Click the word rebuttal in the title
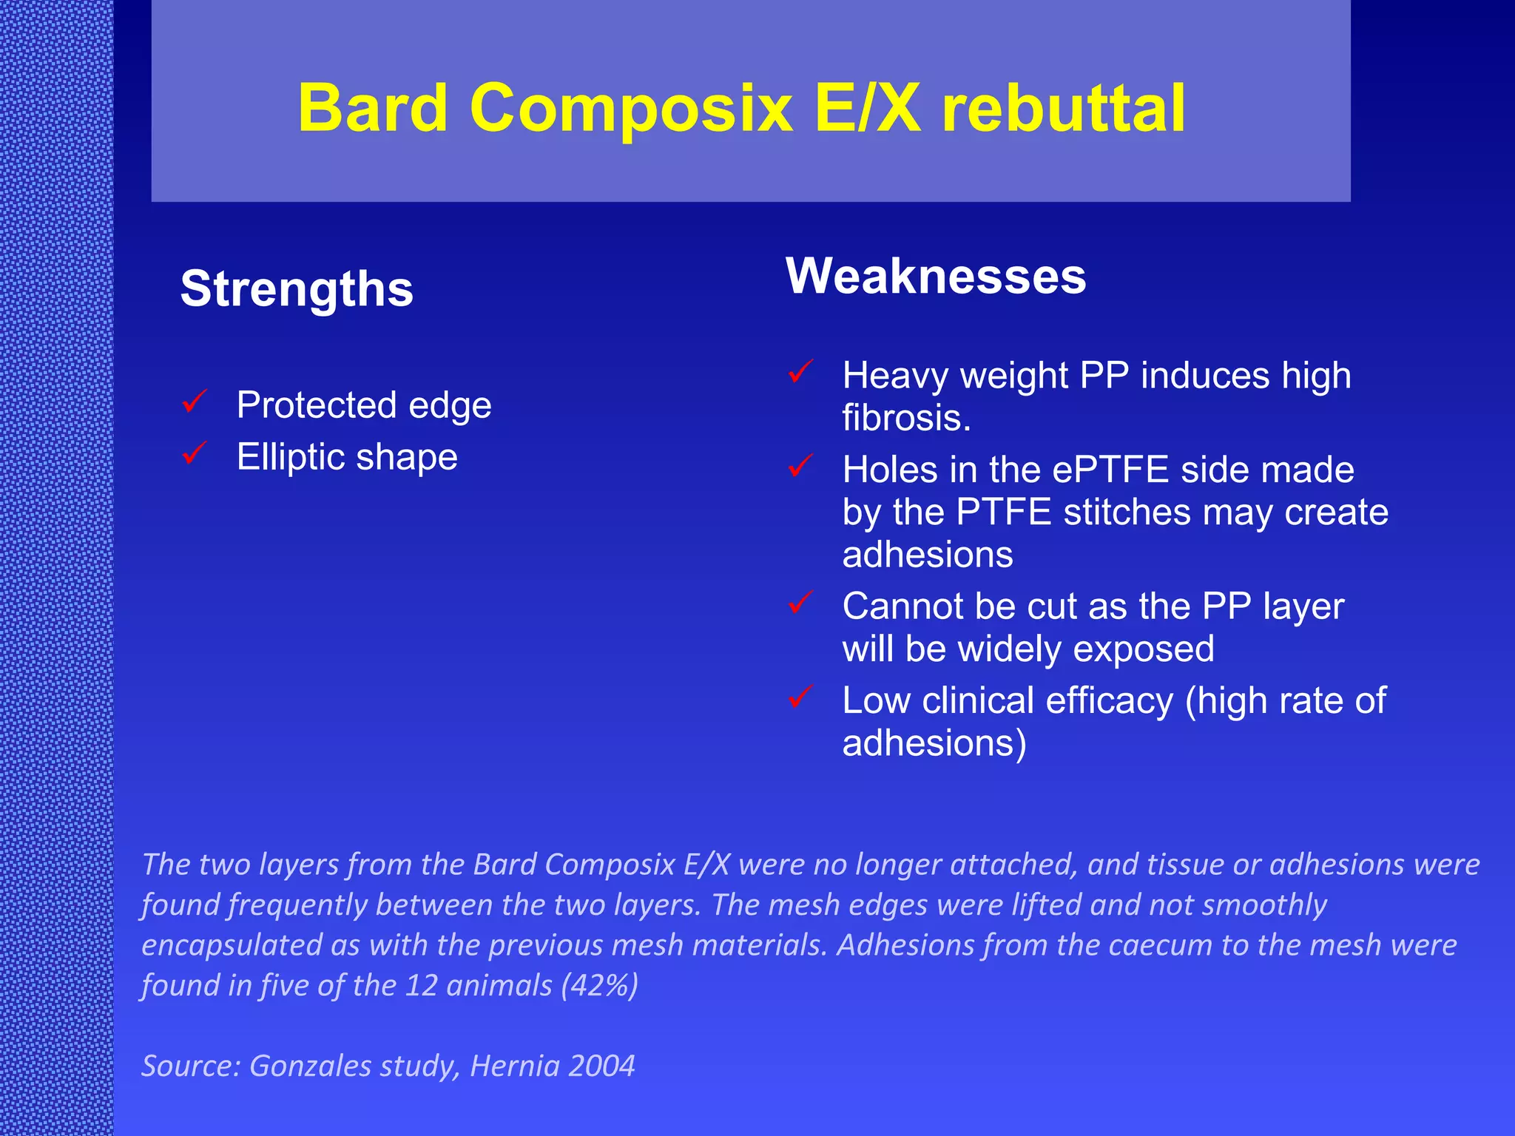click(x=1064, y=108)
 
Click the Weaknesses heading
click(x=935, y=276)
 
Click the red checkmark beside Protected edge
click(x=195, y=402)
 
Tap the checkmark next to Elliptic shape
click(x=195, y=453)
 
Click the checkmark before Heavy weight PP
click(x=800, y=371)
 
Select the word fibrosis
click(x=905, y=418)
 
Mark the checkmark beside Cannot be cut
click(x=800, y=602)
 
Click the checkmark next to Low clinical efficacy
click(x=800, y=696)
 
